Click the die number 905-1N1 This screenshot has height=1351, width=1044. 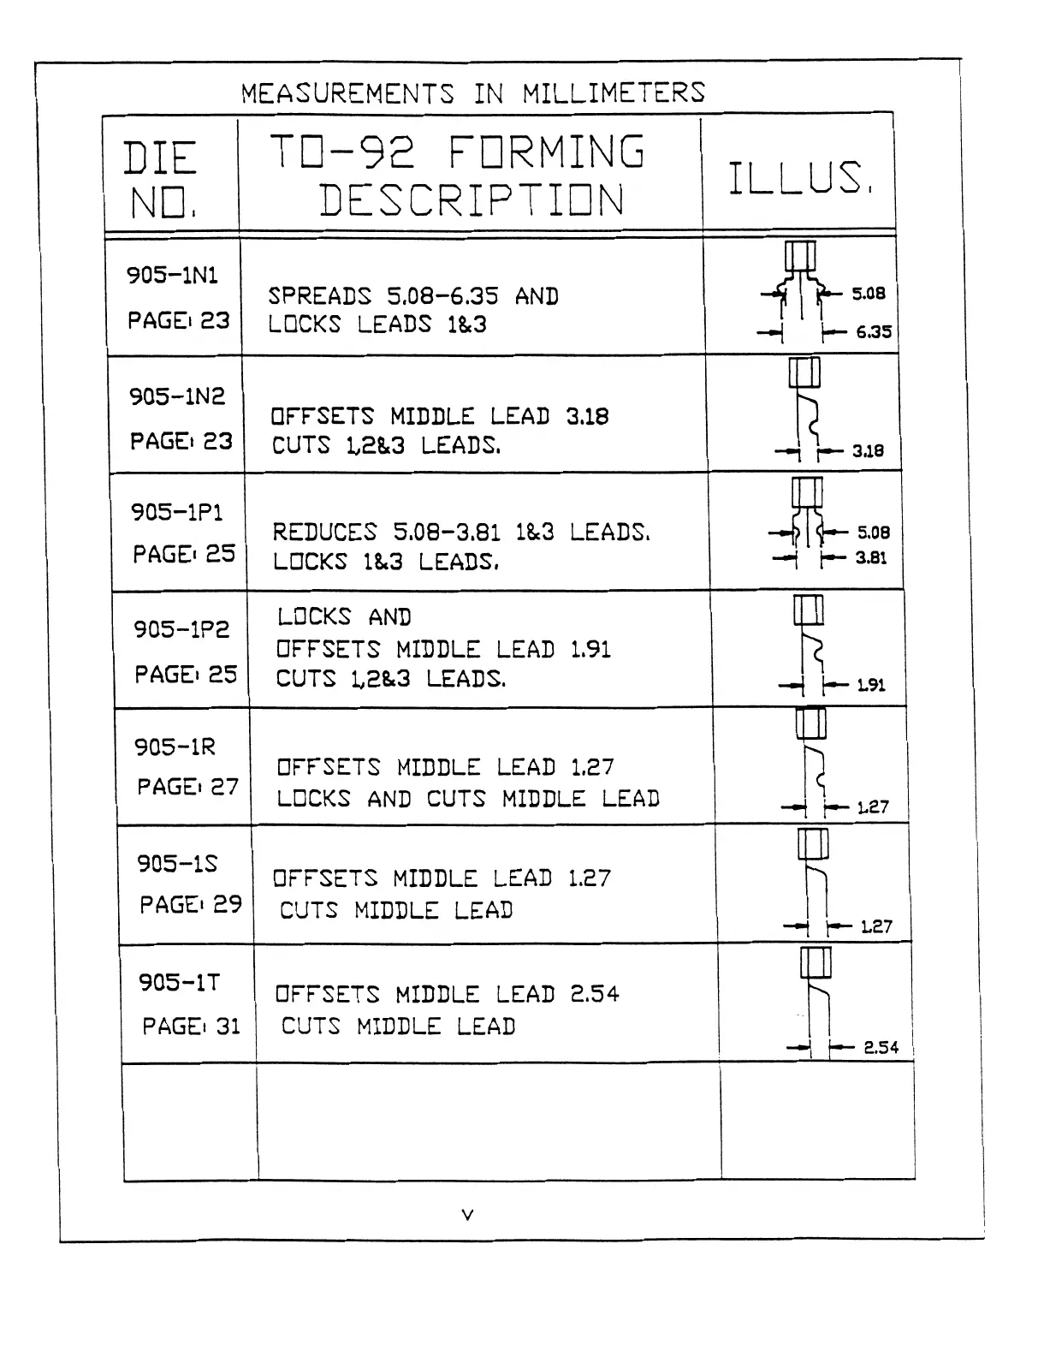172,275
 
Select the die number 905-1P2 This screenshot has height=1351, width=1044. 181,629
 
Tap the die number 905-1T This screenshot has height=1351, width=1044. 179,981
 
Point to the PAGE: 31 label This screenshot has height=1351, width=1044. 191,1026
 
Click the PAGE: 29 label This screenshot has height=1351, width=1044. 191,904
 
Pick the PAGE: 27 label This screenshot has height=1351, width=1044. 187,786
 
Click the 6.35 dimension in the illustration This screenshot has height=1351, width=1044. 874,332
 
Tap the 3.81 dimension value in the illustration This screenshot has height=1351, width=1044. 871,558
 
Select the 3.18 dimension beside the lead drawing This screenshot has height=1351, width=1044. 868,451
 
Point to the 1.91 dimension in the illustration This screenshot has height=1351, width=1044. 871,685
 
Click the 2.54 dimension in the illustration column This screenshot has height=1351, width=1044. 881,1047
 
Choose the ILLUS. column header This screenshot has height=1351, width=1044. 800,178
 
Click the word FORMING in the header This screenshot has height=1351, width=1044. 546,152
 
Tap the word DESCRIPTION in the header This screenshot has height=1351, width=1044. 472,200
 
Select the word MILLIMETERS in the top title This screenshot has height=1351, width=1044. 614,92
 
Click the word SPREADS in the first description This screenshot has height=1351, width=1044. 319,296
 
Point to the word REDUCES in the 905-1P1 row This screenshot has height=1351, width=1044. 324,533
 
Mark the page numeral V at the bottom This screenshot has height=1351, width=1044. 467,1214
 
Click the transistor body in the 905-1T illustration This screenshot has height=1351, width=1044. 816,963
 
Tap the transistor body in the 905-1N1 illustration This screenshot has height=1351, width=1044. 800,256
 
